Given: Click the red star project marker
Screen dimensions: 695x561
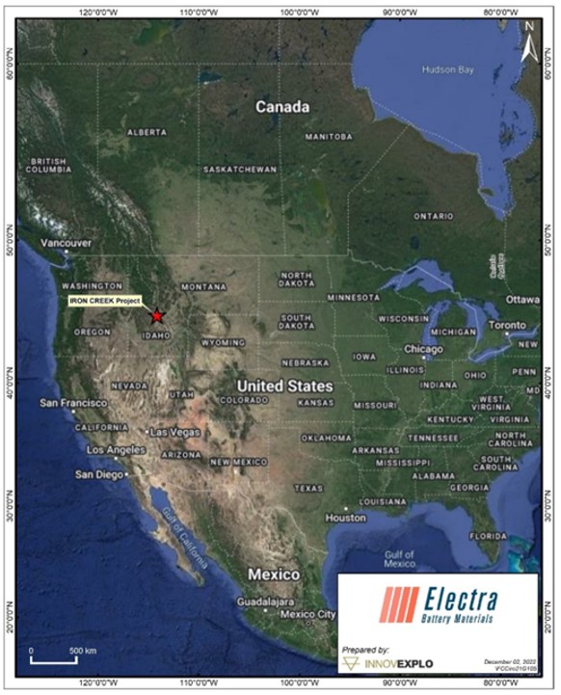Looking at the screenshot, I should tap(157, 315).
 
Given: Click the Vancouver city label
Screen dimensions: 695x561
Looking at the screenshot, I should tap(66, 243).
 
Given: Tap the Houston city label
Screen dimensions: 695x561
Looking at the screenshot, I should tap(346, 518).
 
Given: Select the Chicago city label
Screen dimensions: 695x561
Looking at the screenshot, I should tap(423, 349).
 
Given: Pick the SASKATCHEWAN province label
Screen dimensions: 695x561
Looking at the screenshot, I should tap(240, 170).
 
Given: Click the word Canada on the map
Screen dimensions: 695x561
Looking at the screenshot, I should tap(281, 107).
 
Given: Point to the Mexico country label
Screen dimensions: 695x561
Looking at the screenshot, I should tap(274, 574).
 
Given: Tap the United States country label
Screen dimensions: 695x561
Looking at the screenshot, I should tap(284, 386).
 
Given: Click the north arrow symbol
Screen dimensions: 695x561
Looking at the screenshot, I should tap(527, 49).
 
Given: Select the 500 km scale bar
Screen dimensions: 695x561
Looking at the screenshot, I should tap(54, 661).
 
